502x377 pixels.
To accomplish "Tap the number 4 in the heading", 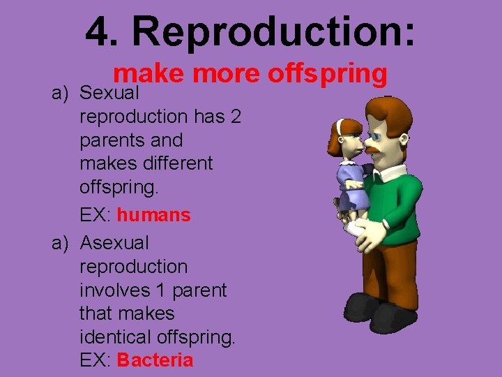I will point(98,31).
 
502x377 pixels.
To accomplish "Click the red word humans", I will point(153,215).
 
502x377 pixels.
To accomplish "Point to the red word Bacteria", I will point(155,360).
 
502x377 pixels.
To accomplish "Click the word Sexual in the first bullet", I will point(110,93).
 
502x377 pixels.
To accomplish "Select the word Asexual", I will point(114,243).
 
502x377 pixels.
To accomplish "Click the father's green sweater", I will point(397,202).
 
